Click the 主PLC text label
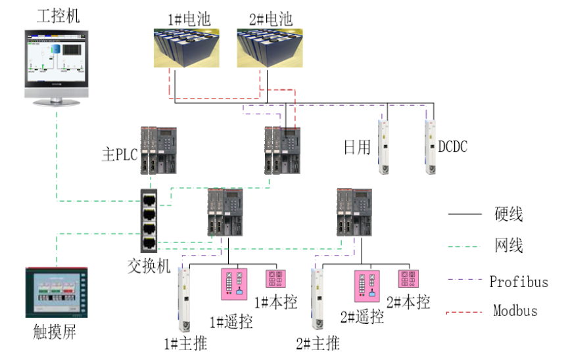pyautogui.click(x=118, y=156)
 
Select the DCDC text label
pyautogui.click(x=453, y=146)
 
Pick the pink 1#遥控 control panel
pyautogui.click(x=235, y=284)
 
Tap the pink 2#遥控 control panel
pyautogui.click(x=368, y=286)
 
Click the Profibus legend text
pyautogui.click(x=519, y=282)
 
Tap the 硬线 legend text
pyautogui.click(x=509, y=214)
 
